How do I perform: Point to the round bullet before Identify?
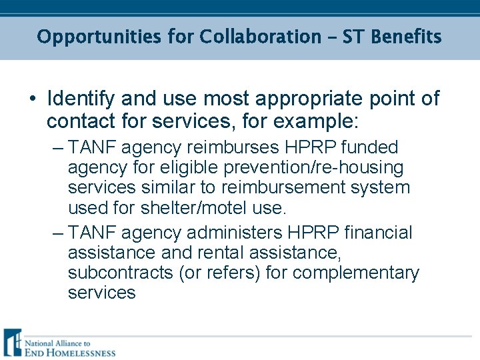pos(33,99)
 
